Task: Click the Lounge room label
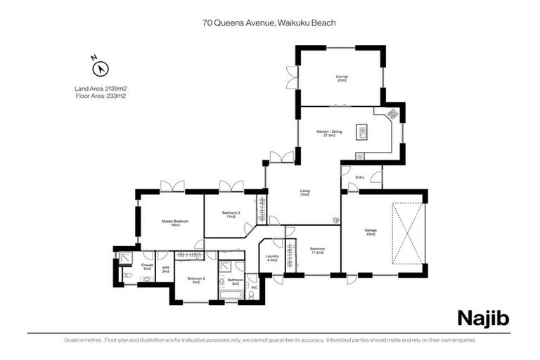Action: point(342,78)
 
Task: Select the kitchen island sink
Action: point(364,131)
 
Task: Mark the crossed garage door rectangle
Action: point(409,233)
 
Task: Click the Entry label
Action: point(360,177)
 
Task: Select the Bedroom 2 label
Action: point(195,280)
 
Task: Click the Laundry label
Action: point(272,258)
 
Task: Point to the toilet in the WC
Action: point(252,295)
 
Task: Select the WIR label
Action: point(165,269)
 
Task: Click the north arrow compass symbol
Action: point(101,68)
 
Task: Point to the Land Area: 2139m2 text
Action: point(100,89)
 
